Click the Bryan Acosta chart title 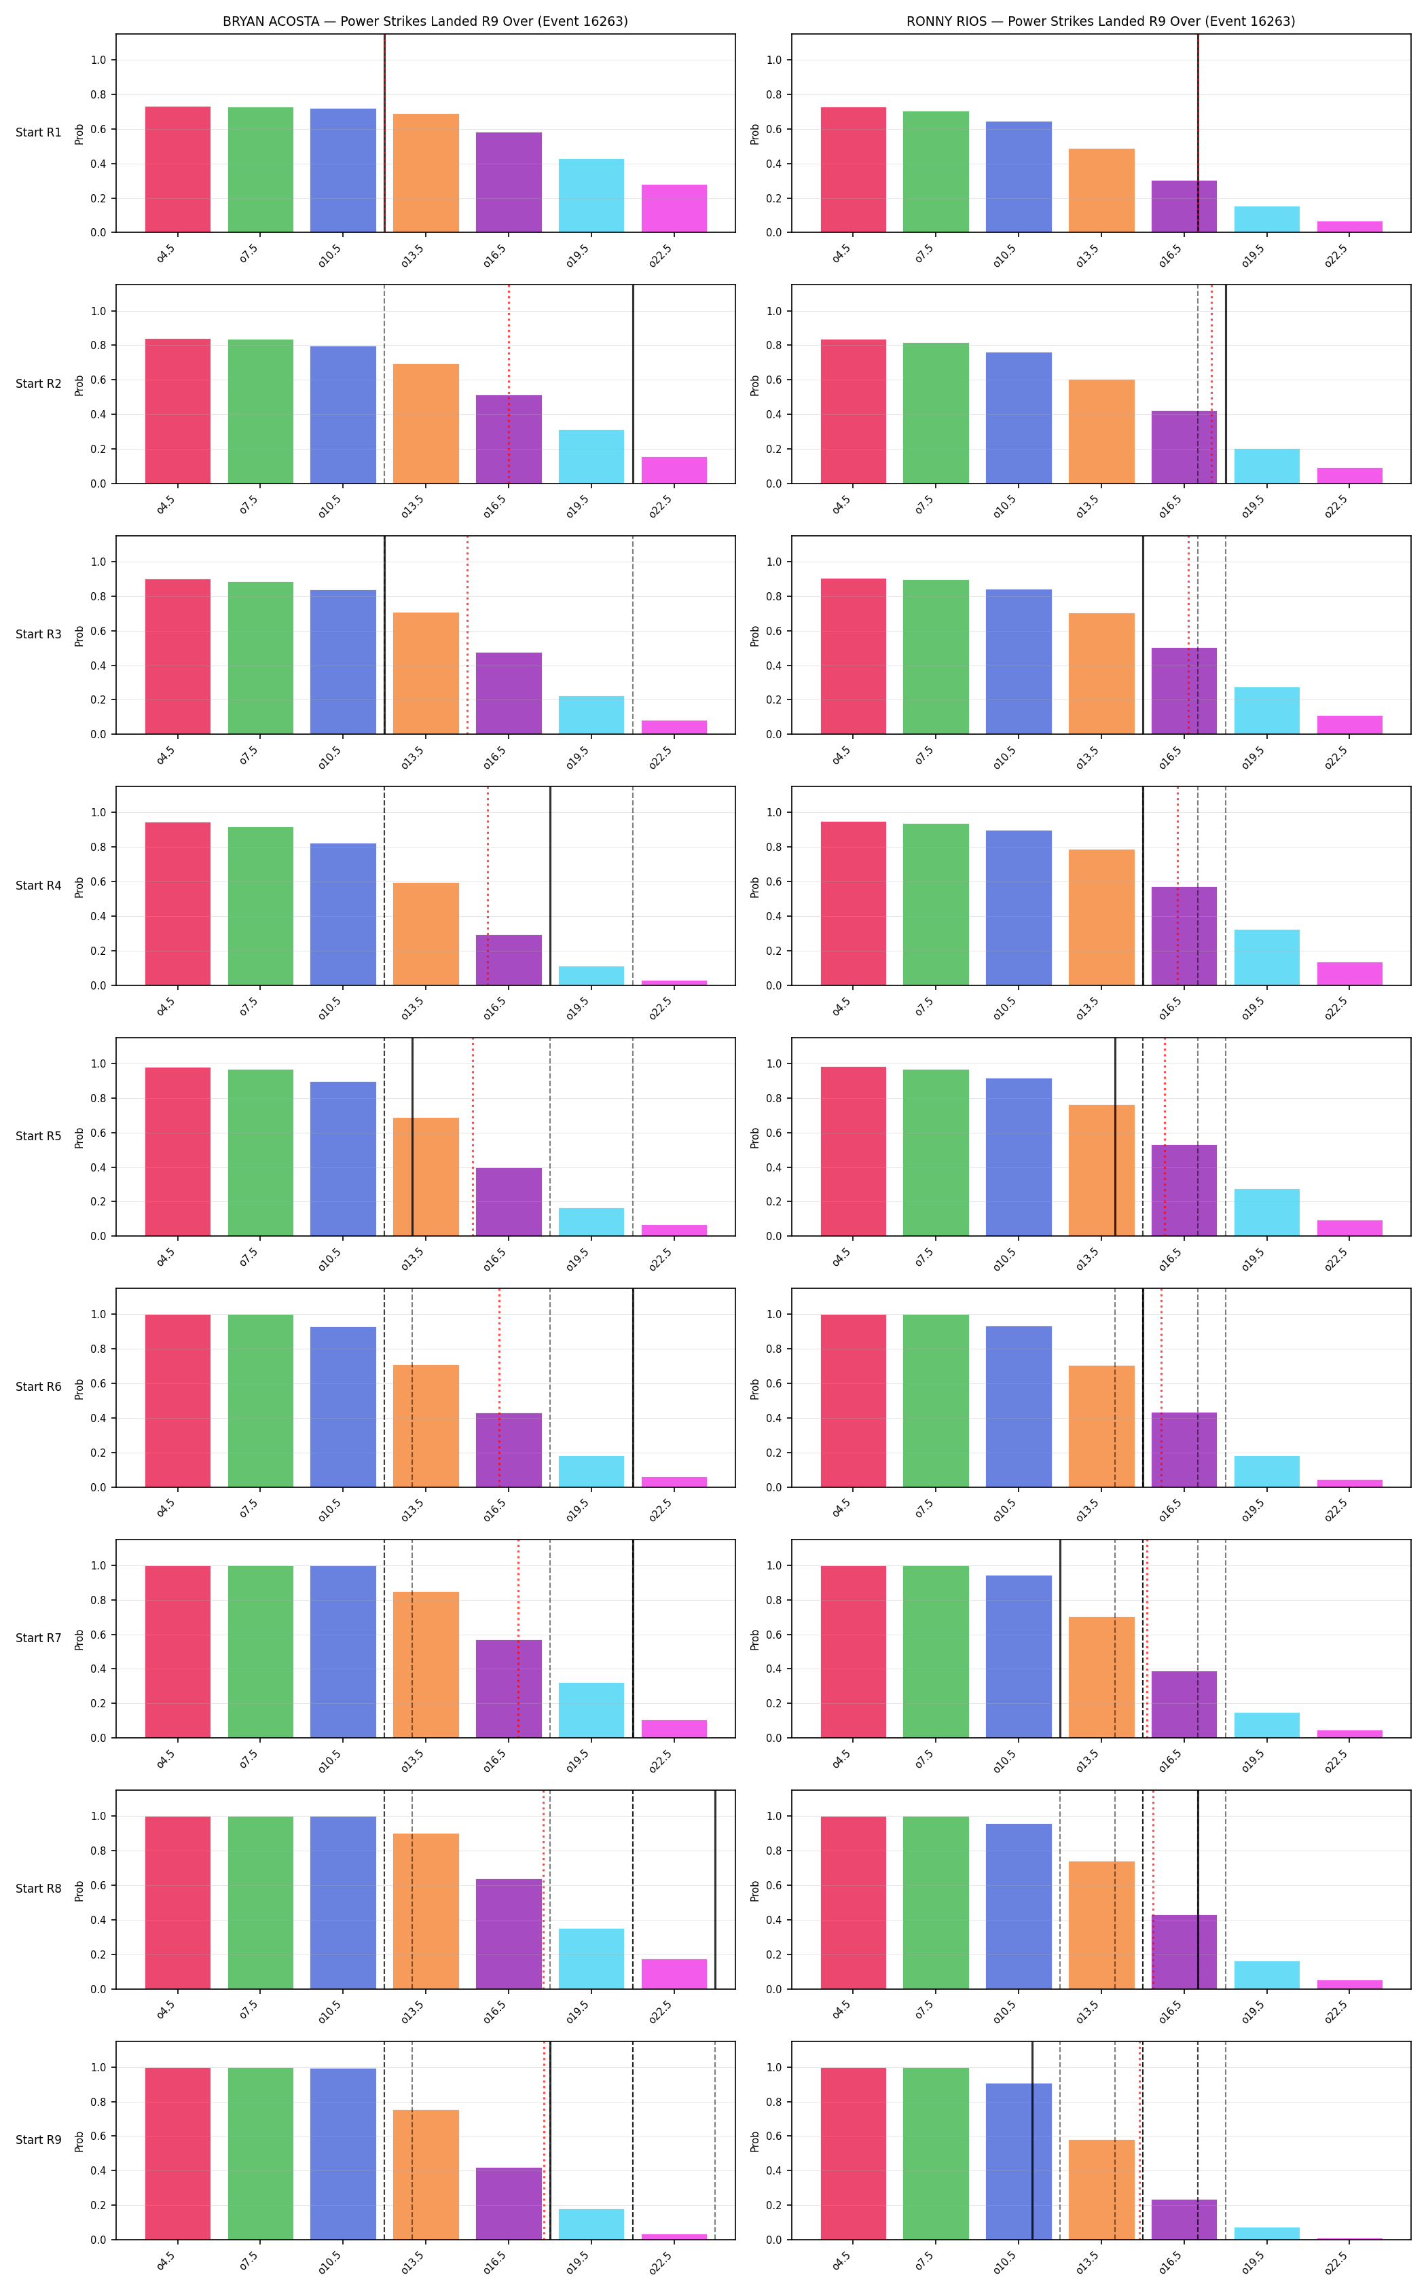[425, 21]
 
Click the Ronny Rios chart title [1101, 21]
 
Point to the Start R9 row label [39, 2140]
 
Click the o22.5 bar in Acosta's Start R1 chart [674, 208]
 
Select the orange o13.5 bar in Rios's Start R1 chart [1101, 191]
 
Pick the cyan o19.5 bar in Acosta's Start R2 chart [591, 456]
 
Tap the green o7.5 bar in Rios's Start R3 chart [936, 657]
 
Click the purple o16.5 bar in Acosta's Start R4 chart [509, 960]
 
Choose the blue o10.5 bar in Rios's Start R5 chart [1019, 1157]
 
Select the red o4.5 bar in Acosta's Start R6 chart [178, 1400]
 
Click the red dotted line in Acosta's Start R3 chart [467, 635]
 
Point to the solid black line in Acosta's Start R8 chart [716, 1889]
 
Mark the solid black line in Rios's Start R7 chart [1060, 1638]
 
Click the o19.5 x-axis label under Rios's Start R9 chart [1254, 2263]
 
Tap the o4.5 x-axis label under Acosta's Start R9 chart [166, 2262]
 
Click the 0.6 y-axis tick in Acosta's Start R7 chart [98, 1635]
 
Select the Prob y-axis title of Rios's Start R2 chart [754, 385]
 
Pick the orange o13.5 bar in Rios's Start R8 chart [1101, 1925]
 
